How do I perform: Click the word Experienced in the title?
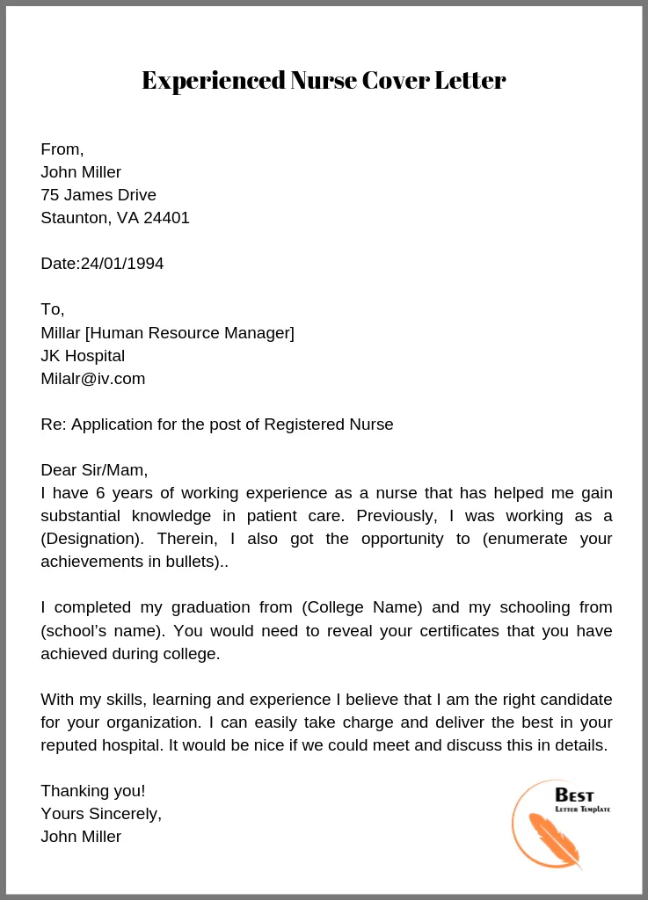pos(214,81)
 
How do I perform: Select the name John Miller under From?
pos(81,172)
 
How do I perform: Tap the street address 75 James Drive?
pos(98,195)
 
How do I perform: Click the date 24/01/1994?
pos(122,264)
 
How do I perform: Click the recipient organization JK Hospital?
pos(83,356)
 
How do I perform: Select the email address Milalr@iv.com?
pos(92,379)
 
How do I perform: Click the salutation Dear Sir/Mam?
pos(94,470)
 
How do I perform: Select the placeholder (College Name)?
pos(362,607)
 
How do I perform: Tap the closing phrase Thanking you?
pos(92,791)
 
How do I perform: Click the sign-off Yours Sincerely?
pos(101,814)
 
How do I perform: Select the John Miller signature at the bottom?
pos(81,837)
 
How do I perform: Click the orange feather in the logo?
pos(555,839)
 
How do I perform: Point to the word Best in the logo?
pos(574,795)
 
